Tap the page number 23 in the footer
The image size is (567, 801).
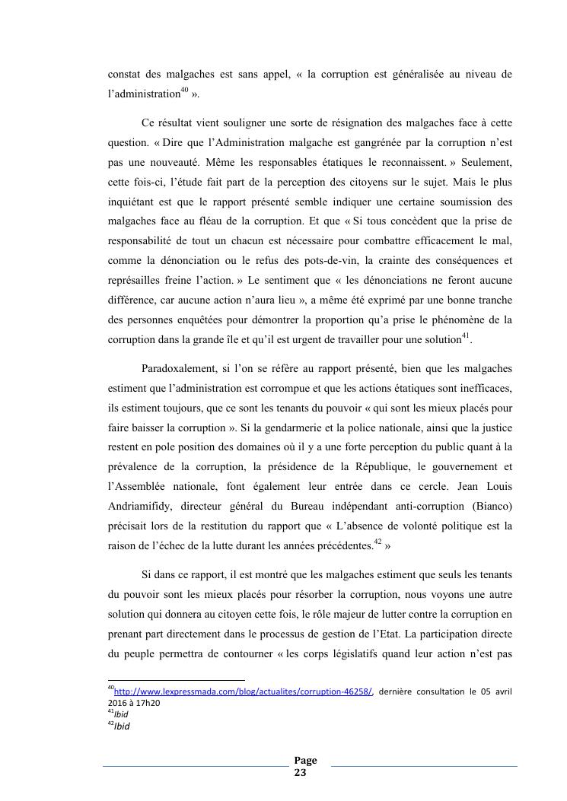tap(300, 772)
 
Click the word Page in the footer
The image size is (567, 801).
tap(305, 761)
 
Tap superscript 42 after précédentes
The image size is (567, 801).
tap(377, 542)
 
